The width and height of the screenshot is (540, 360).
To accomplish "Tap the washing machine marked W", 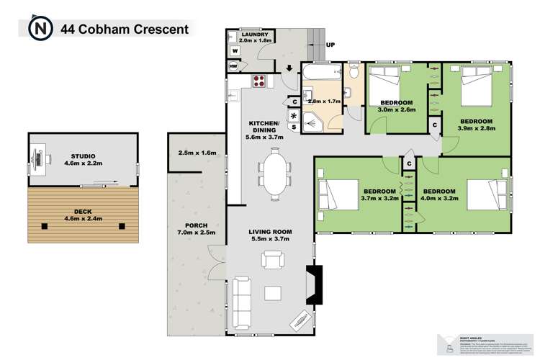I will tap(234, 51).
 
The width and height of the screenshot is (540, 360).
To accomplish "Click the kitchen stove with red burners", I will tap(258, 81).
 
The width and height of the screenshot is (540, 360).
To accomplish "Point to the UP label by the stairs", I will tap(330, 44).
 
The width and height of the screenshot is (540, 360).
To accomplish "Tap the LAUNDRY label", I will tap(256, 34).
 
